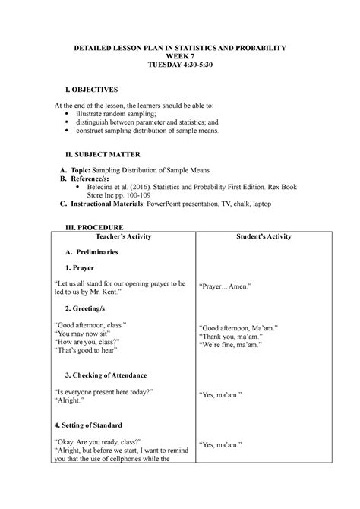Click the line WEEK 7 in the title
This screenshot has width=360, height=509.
tap(179, 57)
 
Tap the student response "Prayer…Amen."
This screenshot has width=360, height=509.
tap(225, 287)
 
